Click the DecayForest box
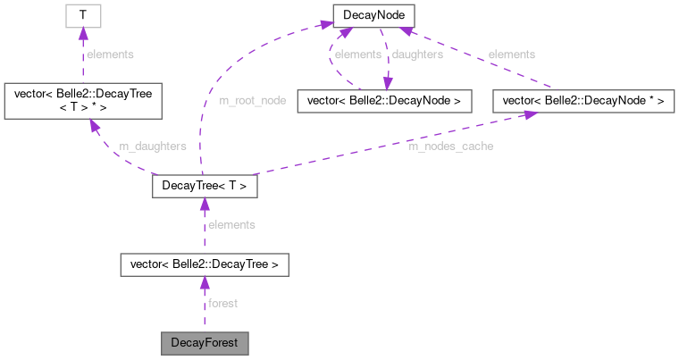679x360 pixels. point(204,342)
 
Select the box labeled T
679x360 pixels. point(82,15)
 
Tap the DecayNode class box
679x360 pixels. point(371,15)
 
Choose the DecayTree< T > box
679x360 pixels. point(204,187)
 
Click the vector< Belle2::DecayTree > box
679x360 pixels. point(204,264)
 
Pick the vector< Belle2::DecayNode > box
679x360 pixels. point(383,101)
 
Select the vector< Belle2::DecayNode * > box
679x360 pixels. point(583,101)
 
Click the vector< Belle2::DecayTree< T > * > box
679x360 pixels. point(82,101)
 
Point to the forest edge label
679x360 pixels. point(222,304)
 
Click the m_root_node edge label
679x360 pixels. point(253,101)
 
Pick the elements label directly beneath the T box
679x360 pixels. point(110,54)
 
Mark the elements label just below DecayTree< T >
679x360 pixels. point(231,225)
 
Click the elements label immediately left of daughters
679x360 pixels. point(356,54)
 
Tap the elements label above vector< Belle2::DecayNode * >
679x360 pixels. point(512,54)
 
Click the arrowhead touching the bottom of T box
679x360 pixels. point(82,33)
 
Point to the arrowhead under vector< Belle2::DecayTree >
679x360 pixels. point(204,283)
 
